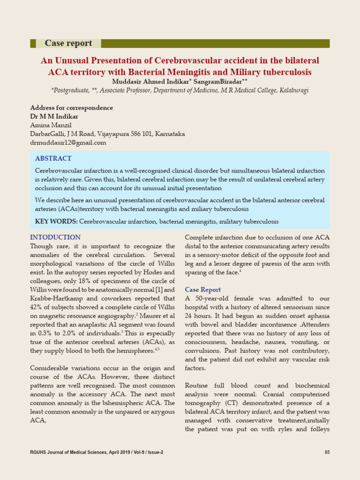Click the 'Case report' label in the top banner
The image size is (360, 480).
click(x=68, y=43)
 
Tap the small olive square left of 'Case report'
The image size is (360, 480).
click(x=33, y=43)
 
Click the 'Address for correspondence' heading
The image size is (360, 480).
click(x=71, y=108)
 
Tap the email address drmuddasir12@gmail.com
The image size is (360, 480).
click(x=68, y=142)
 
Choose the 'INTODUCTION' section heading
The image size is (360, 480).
click(x=55, y=237)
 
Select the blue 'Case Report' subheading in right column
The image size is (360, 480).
click(x=202, y=290)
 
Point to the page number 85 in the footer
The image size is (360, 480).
click(x=327, y=452)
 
